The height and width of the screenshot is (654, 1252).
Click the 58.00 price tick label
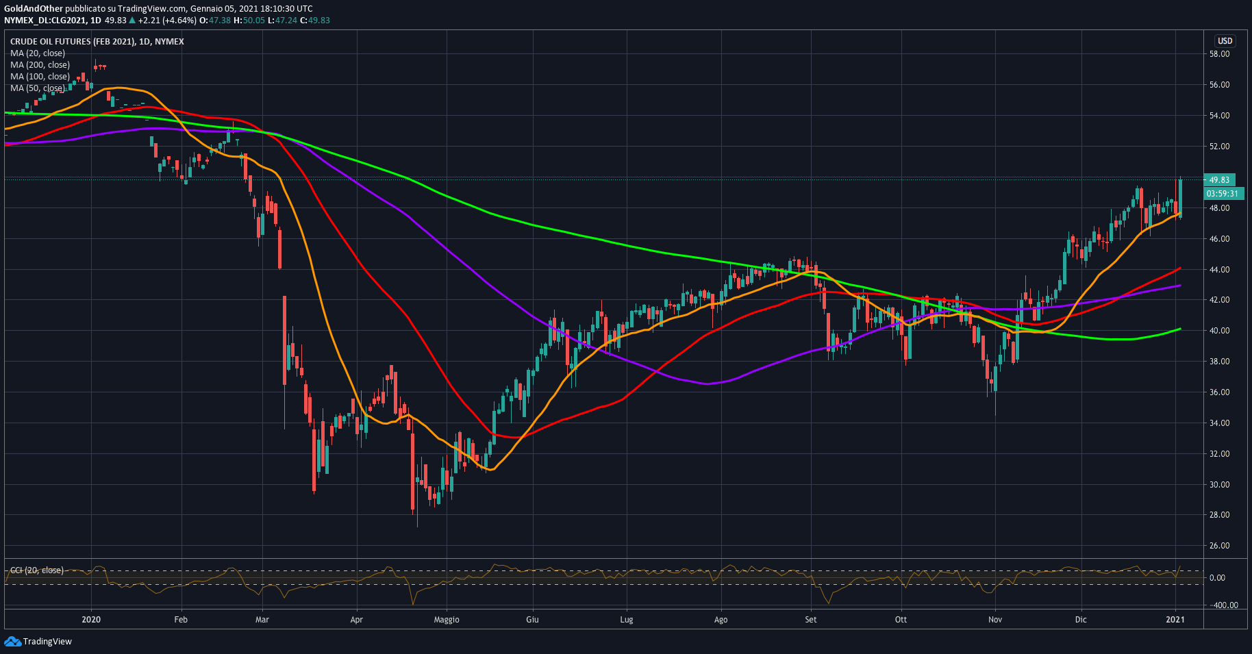click(x=1219, y=54)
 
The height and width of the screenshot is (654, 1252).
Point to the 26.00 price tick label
click(x=1219, y=546)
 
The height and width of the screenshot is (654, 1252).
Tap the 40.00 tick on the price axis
click(x=1219, y=331)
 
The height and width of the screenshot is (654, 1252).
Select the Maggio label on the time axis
click(x=447, y=620)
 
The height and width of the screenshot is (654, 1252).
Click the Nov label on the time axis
click(x=995, y=620)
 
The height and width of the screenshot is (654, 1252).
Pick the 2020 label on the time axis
click(x=91, y=620)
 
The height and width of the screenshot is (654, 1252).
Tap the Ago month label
click(x=721, y=620)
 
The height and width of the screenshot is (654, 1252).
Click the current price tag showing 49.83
click(x=1219, y=180)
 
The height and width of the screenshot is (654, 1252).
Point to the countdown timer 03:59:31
click(x=1223, y=194)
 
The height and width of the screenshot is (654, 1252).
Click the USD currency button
click(x=1225, y=41)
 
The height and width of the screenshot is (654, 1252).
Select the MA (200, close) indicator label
click(x=40, y=65)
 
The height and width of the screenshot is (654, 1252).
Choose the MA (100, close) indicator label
click(x=40, y=77)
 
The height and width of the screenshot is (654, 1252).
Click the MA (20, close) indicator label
click(x=38, y=53)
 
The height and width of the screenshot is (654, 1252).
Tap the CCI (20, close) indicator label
click(x=37, y=570)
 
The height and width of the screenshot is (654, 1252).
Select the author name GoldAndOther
click(x=34, y=9)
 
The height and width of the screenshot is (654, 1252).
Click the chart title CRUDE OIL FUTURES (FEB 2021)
click(x=73, y=42)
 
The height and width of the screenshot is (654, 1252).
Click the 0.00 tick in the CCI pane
click(x=1217, y=578)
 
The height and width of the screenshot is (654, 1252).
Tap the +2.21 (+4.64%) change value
click(x=167, y=21)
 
